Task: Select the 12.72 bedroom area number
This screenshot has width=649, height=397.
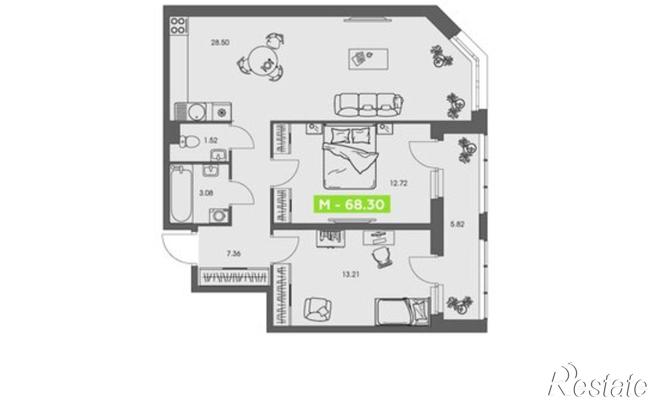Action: (398, 183)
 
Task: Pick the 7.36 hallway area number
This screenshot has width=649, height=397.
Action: (234, 254)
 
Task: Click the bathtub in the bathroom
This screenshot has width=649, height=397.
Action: (181, 194)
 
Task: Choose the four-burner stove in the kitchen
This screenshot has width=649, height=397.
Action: (178, 25)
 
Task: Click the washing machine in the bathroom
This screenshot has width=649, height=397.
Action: (220, 215)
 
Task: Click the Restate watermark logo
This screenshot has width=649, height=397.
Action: (598, 382)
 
